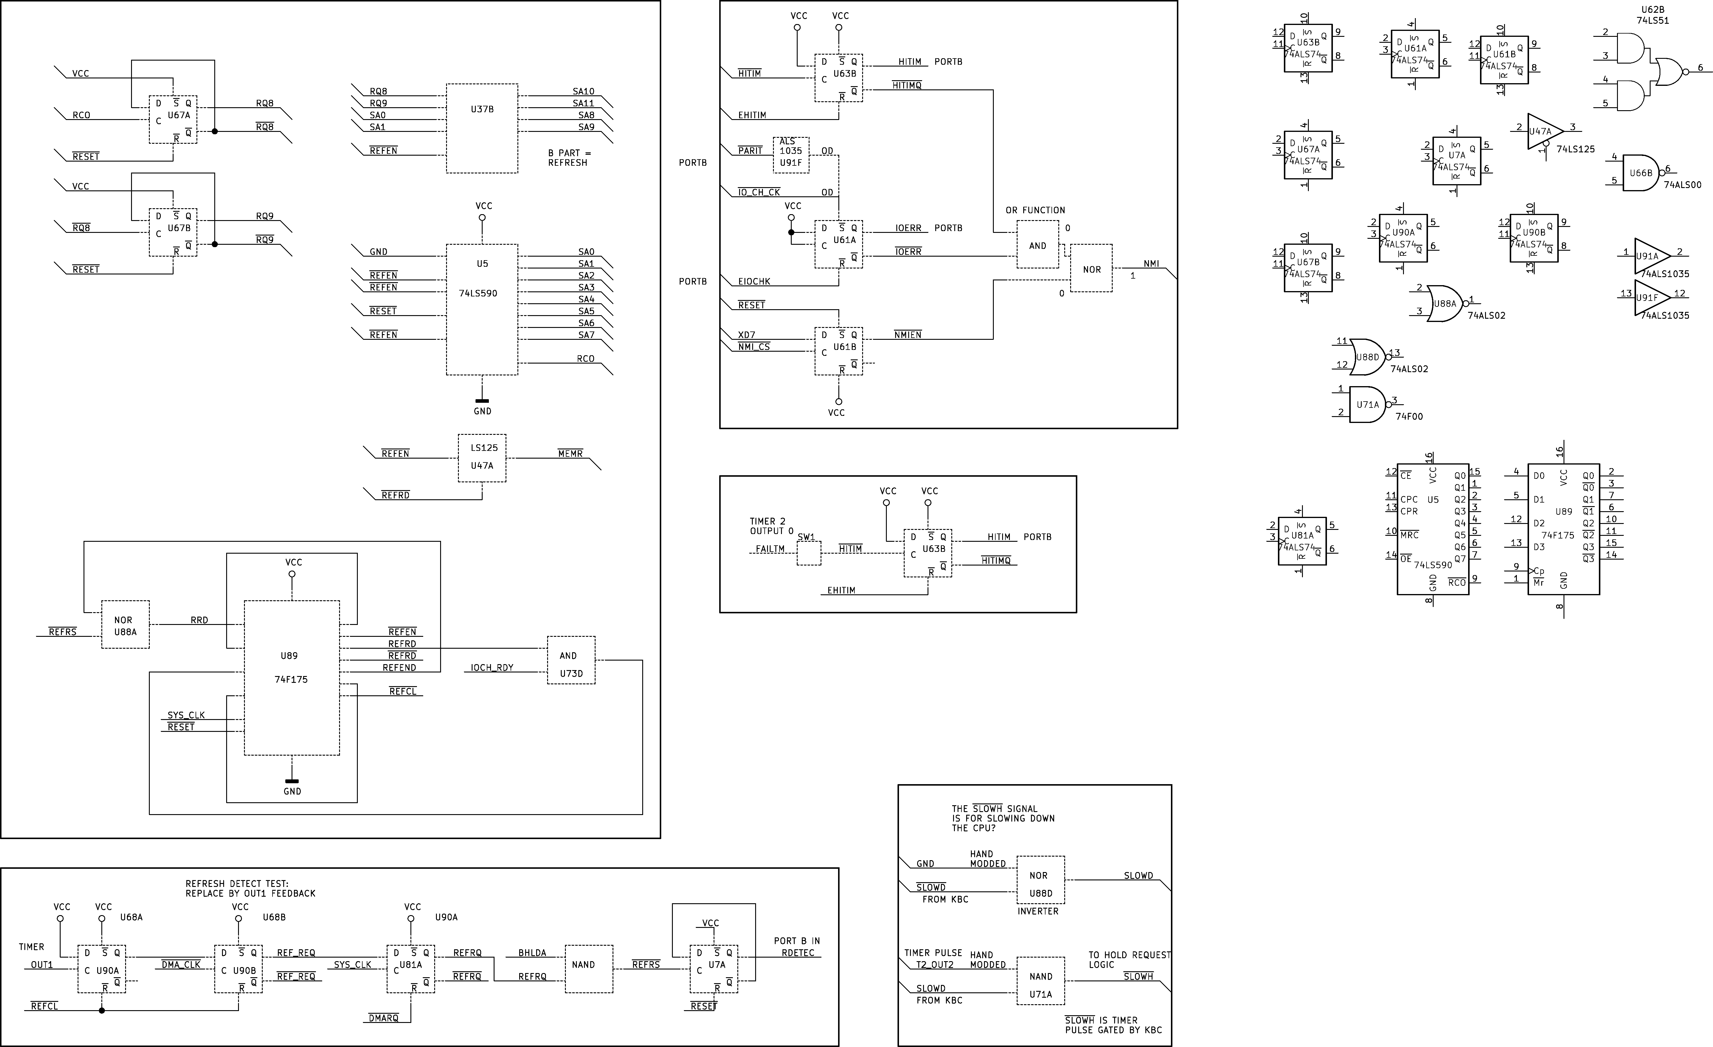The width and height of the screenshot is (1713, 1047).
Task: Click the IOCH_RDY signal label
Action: [x=492, y=668]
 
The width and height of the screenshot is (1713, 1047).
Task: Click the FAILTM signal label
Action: [x=770, y=549]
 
